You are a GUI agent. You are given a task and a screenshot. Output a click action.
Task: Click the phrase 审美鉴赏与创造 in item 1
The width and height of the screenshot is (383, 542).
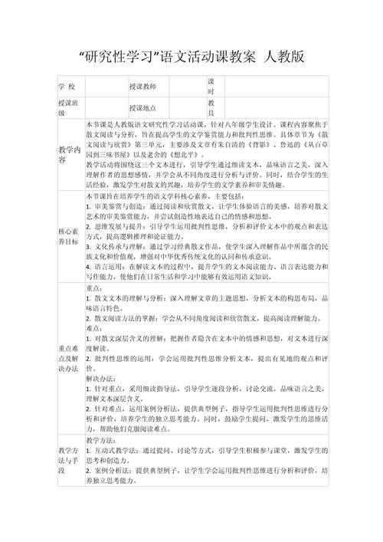(116, 207)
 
